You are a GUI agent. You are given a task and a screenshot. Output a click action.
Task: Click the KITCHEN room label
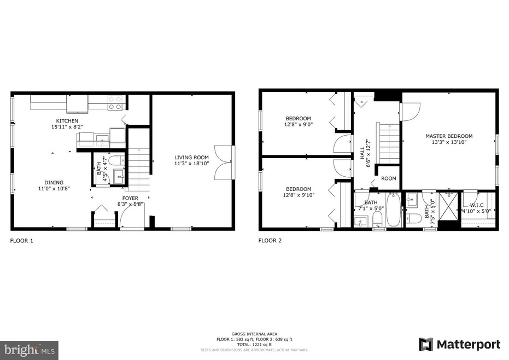[x=67, y=121]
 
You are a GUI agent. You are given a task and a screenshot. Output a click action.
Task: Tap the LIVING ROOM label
[x=192, y=158]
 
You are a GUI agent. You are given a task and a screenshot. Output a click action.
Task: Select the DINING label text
[x=54, y=183]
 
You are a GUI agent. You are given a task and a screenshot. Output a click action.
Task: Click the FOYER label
[x=130, y=198]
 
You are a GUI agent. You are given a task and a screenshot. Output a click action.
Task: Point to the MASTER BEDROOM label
[x=449, y=136]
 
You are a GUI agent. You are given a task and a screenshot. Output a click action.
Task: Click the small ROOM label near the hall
[x=389, y=178]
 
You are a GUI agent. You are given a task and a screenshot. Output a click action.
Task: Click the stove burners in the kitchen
[x=115, y=103]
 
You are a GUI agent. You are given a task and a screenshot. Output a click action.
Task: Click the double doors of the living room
[x=224, y=162]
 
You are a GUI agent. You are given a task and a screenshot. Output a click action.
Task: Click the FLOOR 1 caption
[x=22, y=240]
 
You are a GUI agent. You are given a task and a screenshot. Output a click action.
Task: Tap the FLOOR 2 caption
[x=270, y=240]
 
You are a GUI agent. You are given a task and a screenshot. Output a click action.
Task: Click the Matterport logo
[x=459, y=345]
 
